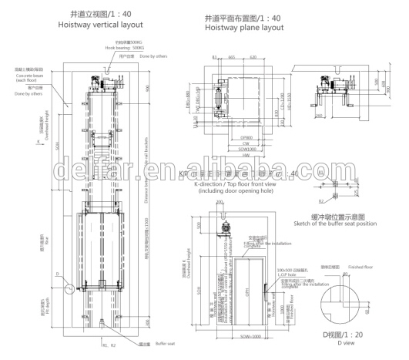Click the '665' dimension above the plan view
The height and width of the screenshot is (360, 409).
232,57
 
